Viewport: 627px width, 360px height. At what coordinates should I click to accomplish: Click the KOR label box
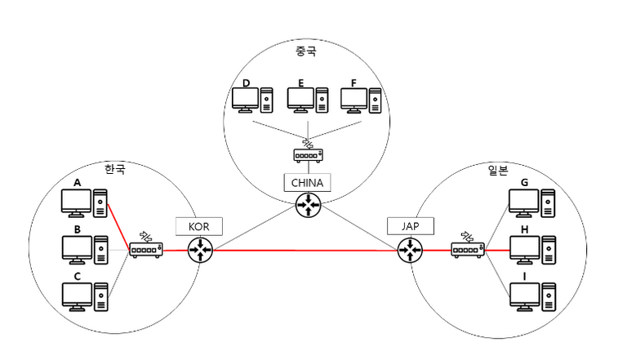point(199,226)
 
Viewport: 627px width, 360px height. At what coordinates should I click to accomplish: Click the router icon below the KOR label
point(199,251)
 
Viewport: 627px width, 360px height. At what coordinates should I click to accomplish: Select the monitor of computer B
point(77,247)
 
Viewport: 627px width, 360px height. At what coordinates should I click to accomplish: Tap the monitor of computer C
point(77,294)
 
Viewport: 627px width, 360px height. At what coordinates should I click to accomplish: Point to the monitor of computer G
point(522,201)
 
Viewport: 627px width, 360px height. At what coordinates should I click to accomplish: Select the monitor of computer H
point(522,247)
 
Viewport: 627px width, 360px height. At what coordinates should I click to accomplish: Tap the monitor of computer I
point(522,294)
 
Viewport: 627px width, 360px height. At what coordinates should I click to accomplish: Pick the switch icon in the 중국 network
point(308,154)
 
